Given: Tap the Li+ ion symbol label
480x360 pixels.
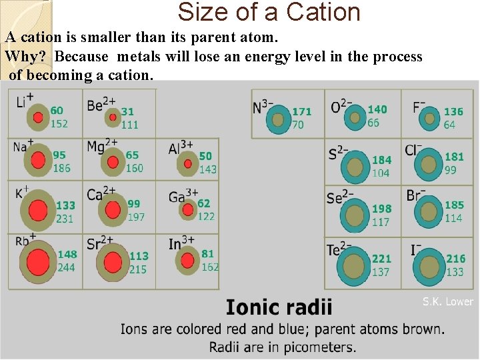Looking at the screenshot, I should (25, 101).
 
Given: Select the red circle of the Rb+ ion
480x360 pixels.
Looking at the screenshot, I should (39, 261).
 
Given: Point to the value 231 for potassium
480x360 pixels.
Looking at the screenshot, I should (65, 219).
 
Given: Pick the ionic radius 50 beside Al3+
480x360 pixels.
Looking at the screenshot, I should (205, 156).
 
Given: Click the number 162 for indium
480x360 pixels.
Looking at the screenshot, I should (209, 267).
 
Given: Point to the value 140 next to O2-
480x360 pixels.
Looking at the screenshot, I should (377, 109).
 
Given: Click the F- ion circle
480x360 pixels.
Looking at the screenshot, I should (430, 119).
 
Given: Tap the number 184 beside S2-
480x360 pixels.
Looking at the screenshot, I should (381, 160).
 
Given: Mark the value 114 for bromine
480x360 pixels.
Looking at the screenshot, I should (453, 219).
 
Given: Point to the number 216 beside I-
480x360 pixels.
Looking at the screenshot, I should (456, 259).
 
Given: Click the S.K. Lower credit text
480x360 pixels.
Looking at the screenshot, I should (447, 302).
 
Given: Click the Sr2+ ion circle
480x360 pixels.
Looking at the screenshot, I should (114, 262).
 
